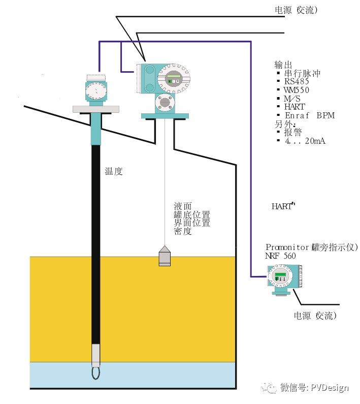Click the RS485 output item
pos(297,81)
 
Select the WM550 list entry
pos(296,90)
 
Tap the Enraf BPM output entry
pos(310,115)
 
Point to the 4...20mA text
pos(305,141)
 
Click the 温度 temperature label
pos(114,171)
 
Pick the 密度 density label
pos(183,231)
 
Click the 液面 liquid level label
pos(183,206)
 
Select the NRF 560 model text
pos(280,256)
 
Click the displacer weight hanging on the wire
pos(165,256)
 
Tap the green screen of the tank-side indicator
pos(280,274)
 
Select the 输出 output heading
pos(283,65)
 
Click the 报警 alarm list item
pos(293,133)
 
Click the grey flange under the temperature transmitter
pos(96,109)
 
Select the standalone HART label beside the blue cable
pos(283,206)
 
